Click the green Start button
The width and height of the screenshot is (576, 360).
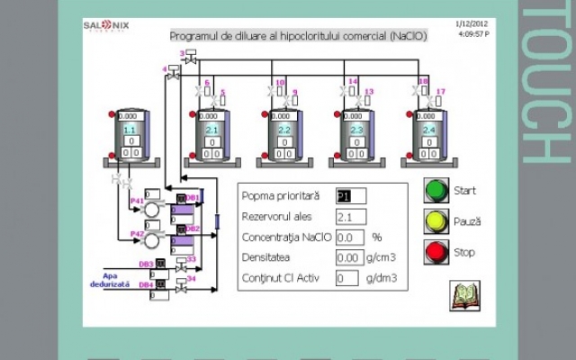click(436, 191)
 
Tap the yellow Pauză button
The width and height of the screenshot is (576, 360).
click(436, 221)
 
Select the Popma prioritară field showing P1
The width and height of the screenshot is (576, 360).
click(350, 196)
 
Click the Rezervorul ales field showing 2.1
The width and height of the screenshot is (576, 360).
click(350, 217)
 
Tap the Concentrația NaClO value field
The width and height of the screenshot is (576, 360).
click(350, 238)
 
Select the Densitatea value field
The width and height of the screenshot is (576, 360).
click(350, 258)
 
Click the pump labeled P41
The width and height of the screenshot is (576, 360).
click(153, 209)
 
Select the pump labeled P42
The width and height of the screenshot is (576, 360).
click(153, 240)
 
